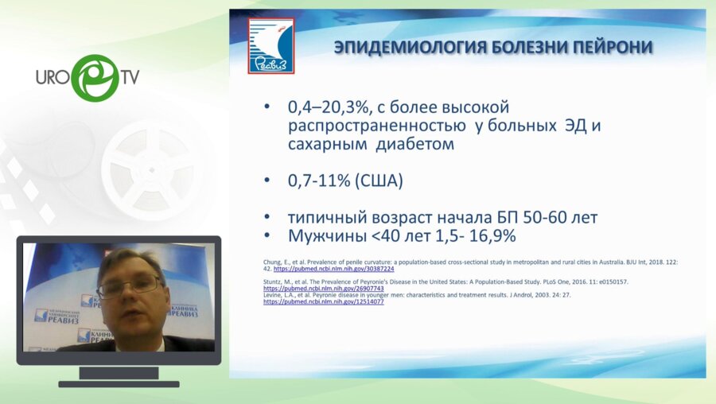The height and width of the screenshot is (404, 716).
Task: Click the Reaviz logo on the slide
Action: pyautogui.click(x=270, y=46)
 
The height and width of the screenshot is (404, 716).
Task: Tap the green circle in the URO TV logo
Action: pyautogui.click(x=95, y=78)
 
